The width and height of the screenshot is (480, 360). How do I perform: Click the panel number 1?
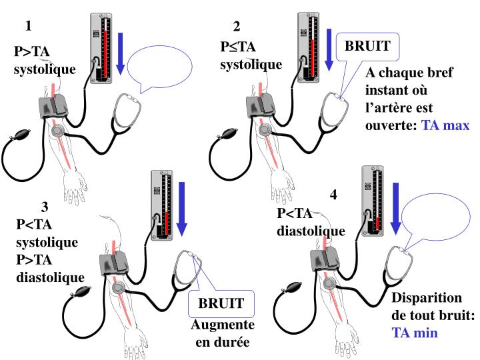pos(28,27)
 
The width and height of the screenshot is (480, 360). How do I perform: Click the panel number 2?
pos(237,27)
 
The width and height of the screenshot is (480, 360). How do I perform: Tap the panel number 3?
pos(45,206)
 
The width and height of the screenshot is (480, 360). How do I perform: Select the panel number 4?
pos(333,195)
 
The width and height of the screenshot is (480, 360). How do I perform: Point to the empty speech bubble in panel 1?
pos(159,67)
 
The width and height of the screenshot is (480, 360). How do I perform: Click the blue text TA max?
pos(445,125)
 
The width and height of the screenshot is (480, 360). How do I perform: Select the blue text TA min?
pos(414,332)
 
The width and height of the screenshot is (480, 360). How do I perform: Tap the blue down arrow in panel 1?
pos(121,53)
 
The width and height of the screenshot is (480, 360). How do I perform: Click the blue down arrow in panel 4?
pos(395,207)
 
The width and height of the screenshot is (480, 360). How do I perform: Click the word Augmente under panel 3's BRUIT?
pos(223,325)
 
